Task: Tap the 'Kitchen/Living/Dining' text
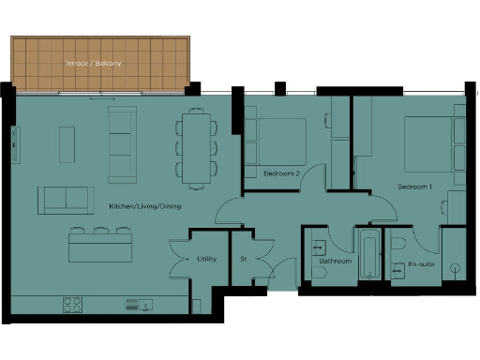coord(144,205)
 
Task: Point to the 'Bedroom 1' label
coord(415,187)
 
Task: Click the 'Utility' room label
coord(207,259)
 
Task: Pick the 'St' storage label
coord(243,259)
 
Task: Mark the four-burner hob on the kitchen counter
coord(72,304)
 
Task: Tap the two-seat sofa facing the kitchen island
coord(66,199)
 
